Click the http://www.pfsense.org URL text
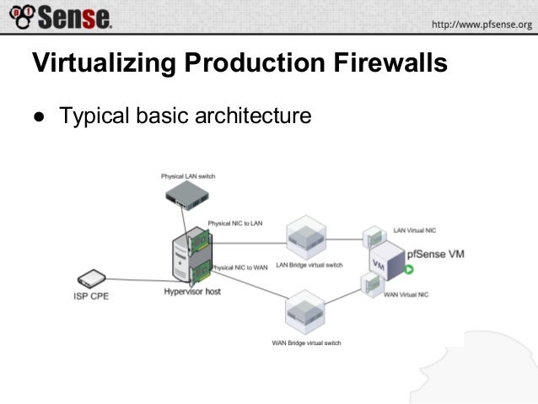[482, 24]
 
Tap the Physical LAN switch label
[187, 176]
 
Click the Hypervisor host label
[192, 293]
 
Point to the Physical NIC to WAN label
[239, 267]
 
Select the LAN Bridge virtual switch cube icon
[305, 236]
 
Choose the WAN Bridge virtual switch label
[305, 343]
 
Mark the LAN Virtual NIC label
[415, 229]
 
